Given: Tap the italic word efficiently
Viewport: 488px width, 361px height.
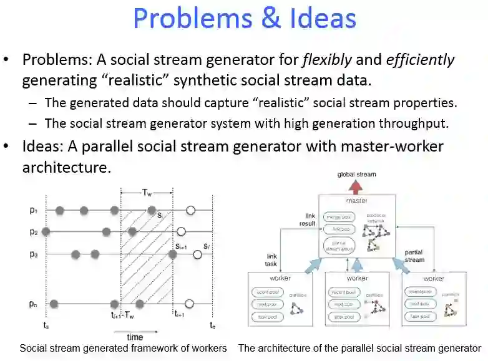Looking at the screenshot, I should point(421,60).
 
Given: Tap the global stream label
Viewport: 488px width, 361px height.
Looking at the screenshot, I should point(356,175).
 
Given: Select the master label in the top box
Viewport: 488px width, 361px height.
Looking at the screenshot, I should point(357,201).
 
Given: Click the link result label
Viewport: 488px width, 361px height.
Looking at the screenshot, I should point(306,219).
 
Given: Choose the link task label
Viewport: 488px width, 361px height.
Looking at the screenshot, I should point(271,260).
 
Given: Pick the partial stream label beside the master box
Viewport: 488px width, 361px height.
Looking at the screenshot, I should point(414,256).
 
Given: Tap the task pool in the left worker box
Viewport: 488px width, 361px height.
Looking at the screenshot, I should point(268,317).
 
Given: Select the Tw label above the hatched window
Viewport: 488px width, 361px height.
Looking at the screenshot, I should point(147,193).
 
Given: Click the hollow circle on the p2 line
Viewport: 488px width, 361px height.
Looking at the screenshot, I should point(181,231).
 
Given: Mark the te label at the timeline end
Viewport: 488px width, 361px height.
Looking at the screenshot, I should point(213,325).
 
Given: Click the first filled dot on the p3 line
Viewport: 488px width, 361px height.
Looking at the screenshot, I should point(76,254).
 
